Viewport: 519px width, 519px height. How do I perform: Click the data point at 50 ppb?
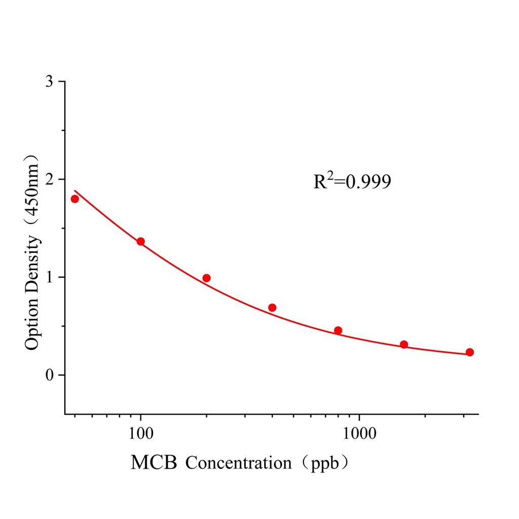coord(75,199)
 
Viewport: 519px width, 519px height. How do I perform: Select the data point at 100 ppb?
coord(140,241)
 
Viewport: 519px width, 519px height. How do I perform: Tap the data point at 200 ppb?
coord(206,278)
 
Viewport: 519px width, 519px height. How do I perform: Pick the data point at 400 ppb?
coord(272,308)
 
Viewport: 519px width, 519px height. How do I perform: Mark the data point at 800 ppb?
coord(338,330)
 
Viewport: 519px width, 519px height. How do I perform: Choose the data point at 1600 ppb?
coord(404,345)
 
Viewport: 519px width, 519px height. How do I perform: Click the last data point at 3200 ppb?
coord(470,352)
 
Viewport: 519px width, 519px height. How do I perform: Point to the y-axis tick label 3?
coord(49,82)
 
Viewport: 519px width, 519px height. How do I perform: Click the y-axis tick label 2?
coord(49,179)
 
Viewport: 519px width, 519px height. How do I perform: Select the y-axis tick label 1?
coord(49,277)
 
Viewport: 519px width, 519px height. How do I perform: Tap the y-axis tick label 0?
coord(49,375)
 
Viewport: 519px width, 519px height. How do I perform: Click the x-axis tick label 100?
coord(140,434)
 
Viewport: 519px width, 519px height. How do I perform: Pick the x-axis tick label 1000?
coord(359,434)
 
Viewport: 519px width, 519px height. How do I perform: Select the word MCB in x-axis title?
coord(154,462)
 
